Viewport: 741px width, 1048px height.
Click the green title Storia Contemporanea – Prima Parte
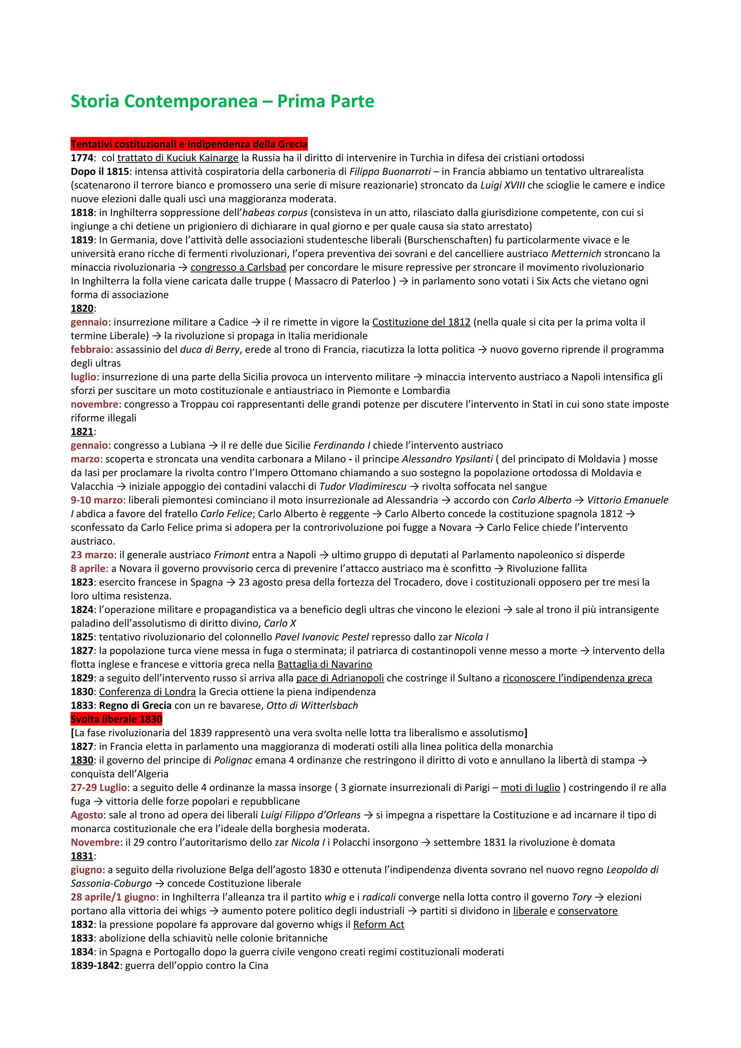click(x=223, y=101)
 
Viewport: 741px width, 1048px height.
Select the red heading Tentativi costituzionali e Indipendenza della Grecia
click(x=189, y=144)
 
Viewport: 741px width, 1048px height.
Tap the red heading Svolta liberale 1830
click(x=117, y=719)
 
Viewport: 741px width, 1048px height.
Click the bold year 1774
click(x=82, y=158)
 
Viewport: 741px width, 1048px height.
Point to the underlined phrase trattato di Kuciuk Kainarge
click(x=178, y=158)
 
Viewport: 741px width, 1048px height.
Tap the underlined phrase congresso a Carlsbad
click(x=238, y=268)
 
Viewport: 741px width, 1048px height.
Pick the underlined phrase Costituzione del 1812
click(x=421, y=322)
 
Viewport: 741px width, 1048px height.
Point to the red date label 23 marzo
click(x=92, y=555)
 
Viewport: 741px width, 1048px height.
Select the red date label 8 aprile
click(x=88, y=569)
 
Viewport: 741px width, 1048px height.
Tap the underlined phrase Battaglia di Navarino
click(x=325, y=665)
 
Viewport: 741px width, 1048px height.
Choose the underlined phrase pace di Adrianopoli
click(x=340, y=678)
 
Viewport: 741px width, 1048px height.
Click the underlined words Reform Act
click(x=378, y=924)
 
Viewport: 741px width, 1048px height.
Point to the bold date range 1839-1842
click(x=95, y=966)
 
